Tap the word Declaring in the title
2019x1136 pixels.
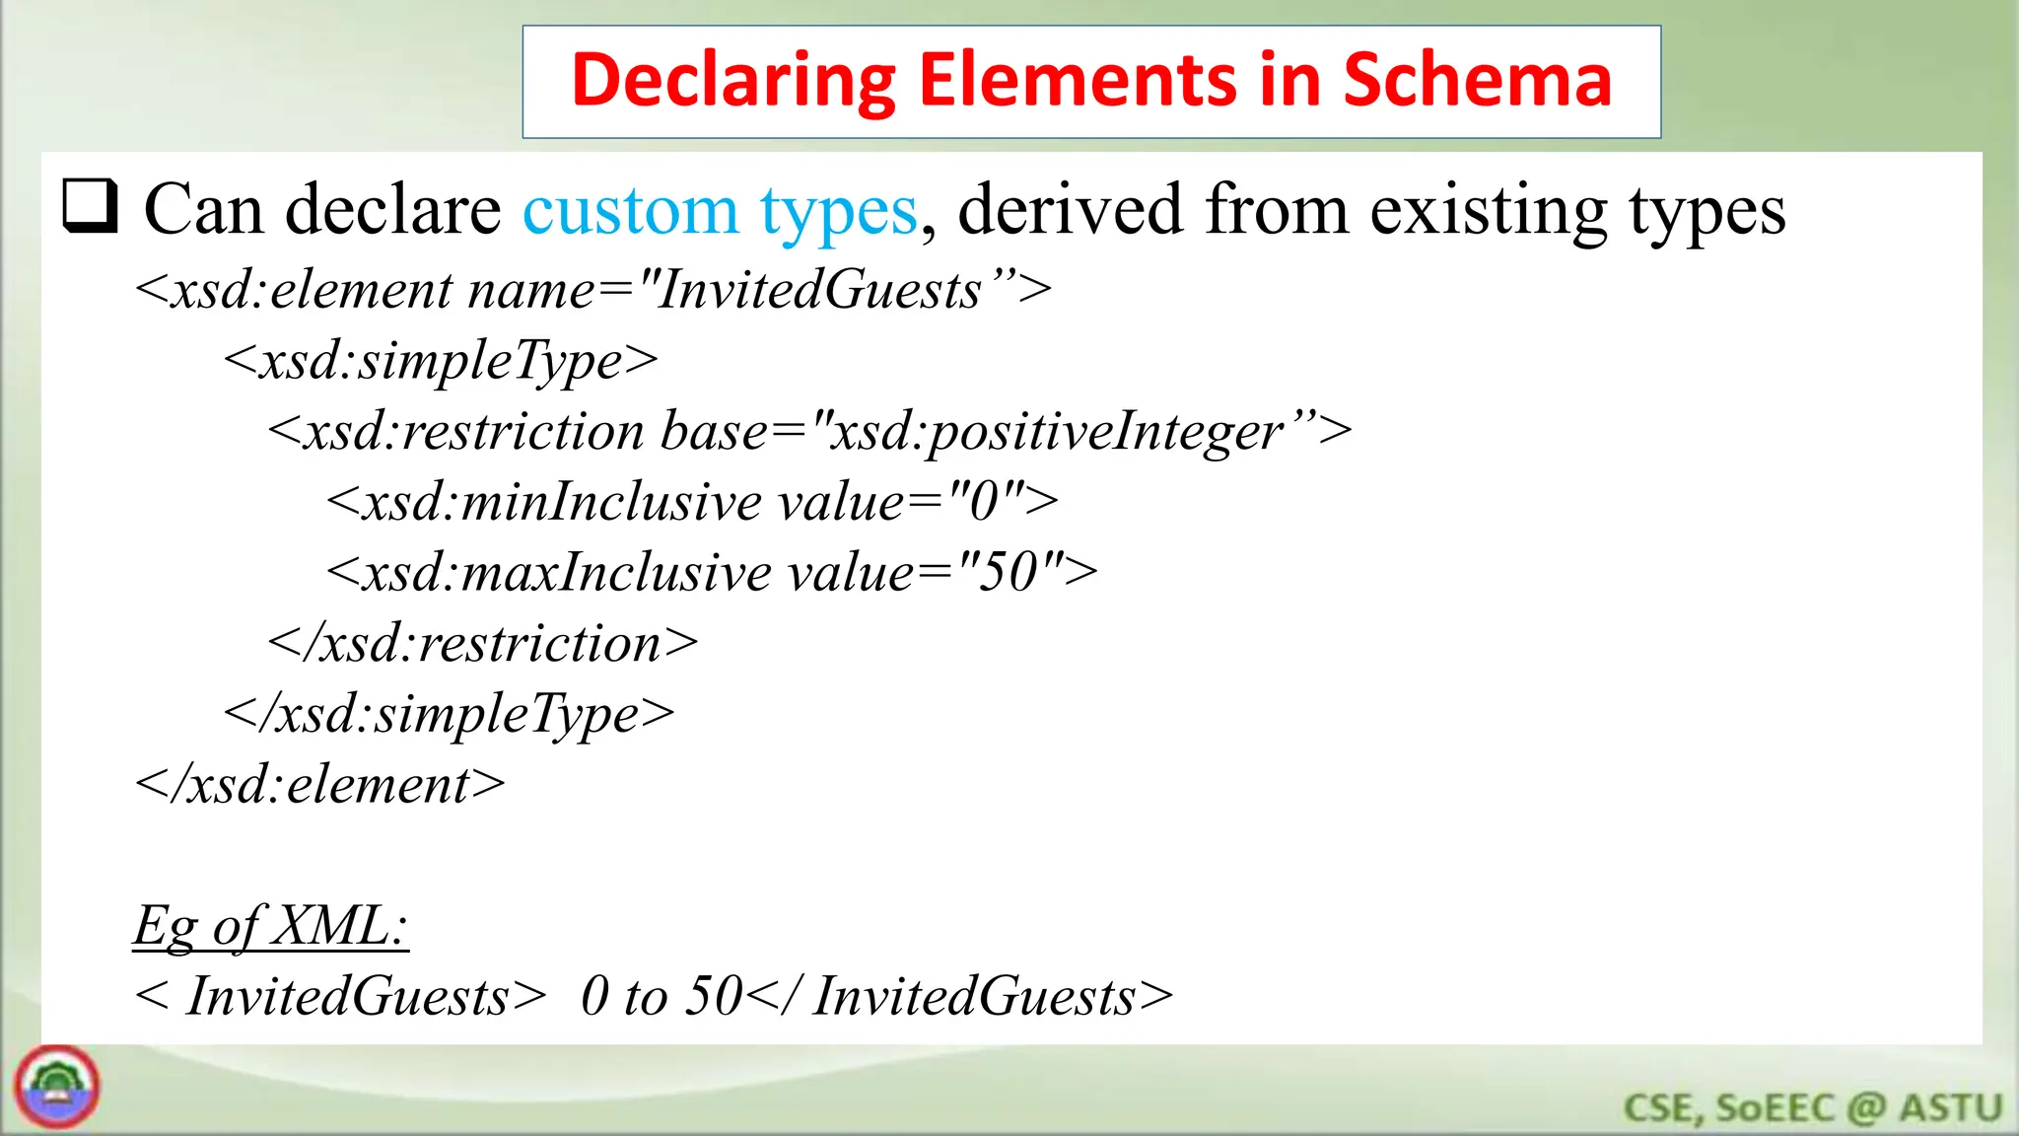(x=733, y=81)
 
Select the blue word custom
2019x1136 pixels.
(x=630, y=211)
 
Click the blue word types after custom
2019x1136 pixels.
(x=838, y=211)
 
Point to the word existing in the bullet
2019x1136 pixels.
(x=1488, y=211)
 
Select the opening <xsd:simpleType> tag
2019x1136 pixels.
(x=441, y=361)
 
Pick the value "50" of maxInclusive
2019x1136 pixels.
(x=1010, y=573)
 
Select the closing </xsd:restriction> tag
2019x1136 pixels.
(x=482, y=644)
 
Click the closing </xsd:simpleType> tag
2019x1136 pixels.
(x=449, y=715)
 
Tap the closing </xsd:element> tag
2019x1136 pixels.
(x=320, y=786)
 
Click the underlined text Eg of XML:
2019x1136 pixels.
(x=270, y=927)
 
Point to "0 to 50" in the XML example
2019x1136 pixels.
(x=661, y=996)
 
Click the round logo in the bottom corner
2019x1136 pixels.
(x=57, y=1087)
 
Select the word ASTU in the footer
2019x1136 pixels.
(x=1951, y=1108)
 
